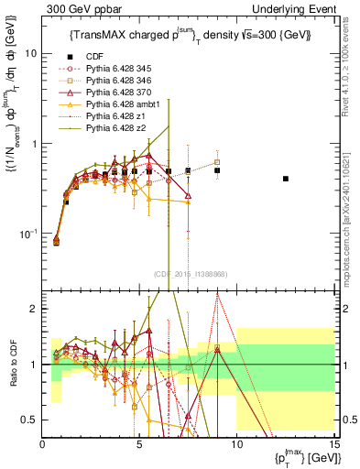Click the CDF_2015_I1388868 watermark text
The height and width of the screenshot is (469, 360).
[x=191, y=274]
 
